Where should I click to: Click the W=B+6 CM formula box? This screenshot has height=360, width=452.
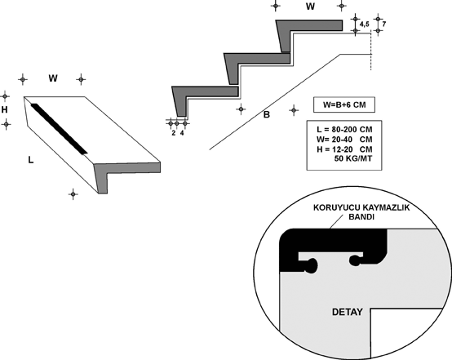coord(344,104)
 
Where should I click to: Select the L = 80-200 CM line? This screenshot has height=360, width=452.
coord(344,130)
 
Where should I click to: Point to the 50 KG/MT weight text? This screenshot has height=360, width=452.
coord(353,158)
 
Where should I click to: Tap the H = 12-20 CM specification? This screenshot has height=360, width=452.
coord(344,149)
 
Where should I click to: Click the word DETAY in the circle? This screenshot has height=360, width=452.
coord(348,312)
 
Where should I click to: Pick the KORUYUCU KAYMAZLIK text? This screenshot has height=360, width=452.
coord(361,207)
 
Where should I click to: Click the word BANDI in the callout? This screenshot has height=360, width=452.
coord(361,217)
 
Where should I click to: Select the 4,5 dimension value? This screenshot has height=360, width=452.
coord(365,24)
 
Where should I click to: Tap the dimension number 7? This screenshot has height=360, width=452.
coord(384,24)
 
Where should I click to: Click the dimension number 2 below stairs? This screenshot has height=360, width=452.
coord(173,133)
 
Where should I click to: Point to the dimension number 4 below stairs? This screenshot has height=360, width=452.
coord(182,133)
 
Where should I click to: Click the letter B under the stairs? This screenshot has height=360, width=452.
coord(267,114)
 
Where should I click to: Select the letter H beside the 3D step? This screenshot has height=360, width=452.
coord(4,109)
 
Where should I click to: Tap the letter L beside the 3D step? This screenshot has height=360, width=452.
coord(30,159)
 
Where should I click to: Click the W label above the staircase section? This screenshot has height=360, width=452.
coord(310,7)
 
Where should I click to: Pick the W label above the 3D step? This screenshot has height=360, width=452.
coord(53,78)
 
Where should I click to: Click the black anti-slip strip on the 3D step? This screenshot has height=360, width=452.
coord(59,129)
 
